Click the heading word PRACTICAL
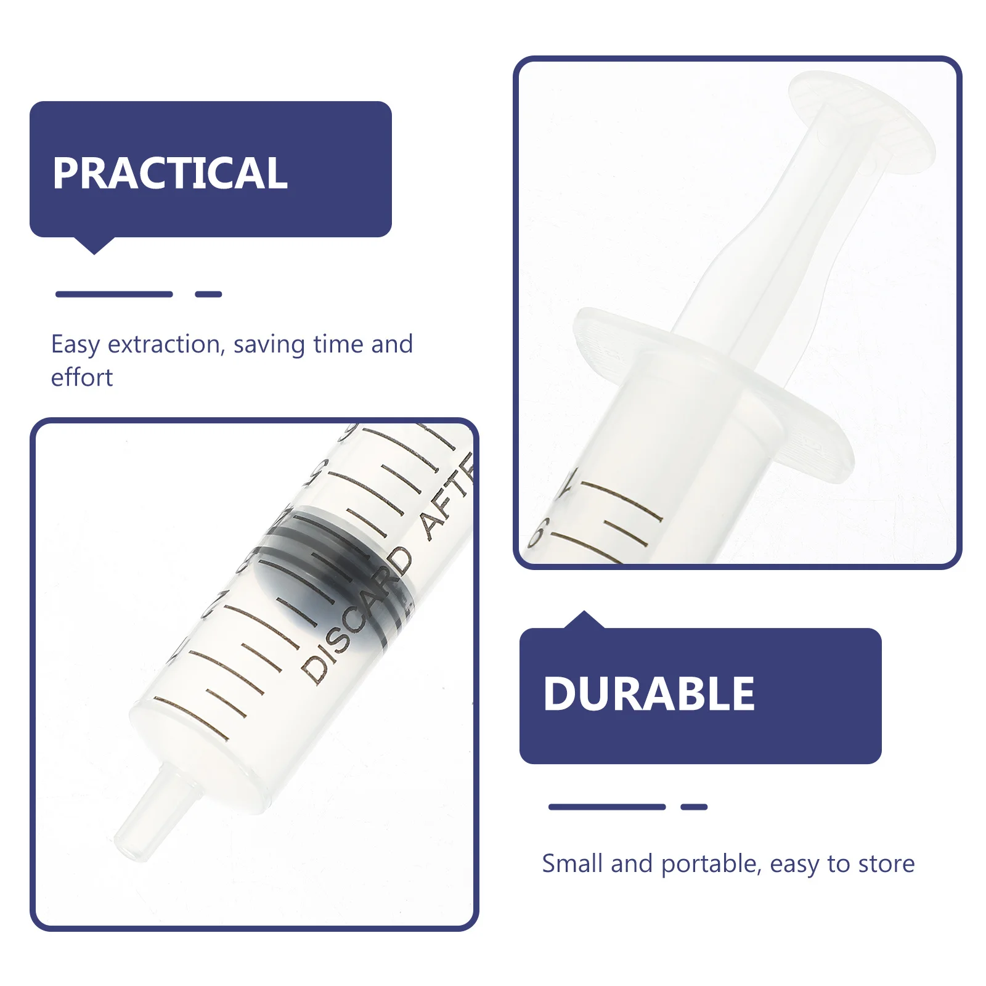pos(169,173)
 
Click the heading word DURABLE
pos(648,694)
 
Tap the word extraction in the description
pos(165,344)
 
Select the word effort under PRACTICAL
pos(82,377)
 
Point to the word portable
pos(709,864)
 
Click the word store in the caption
pos(887,864)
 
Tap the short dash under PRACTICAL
pos(208,294)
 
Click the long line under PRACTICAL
pos(114,294)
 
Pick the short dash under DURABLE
pos(694,807)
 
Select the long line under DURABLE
pos(607,807)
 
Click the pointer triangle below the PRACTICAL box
pos(94,245)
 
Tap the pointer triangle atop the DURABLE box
pos(584,620)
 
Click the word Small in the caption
pos(572,864)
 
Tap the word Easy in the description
pos(75,344)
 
